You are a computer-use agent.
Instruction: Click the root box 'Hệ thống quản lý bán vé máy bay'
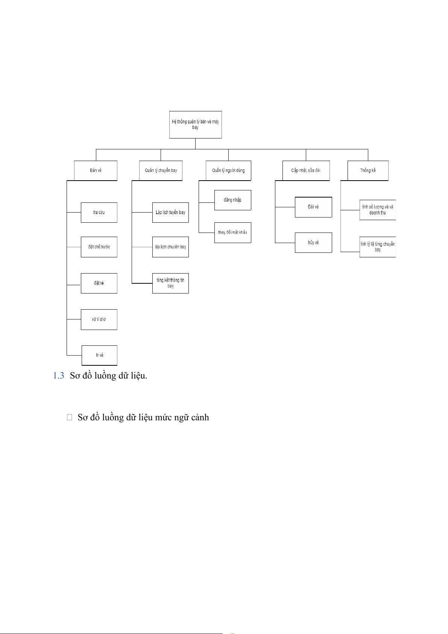tap(195, 125)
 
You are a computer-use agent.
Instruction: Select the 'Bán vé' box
tap(96, 170)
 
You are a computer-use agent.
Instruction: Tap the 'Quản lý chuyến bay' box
tap(161, 170)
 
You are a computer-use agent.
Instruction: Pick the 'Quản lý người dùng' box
tap(228, 170)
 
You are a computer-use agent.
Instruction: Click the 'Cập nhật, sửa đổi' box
tap(306, 170)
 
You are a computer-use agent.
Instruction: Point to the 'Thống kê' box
tap(368, 170)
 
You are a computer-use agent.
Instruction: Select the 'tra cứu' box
tap(99, 213)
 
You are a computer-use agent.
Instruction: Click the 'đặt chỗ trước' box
tap(99, 247)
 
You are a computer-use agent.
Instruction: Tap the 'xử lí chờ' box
tap(99, 319)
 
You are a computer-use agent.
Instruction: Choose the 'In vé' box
tap(99, 355)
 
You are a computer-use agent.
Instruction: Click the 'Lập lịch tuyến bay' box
tap(170, 213)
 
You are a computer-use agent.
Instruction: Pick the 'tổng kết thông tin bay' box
tap(170, 283)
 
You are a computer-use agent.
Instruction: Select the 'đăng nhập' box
tap(232, 200)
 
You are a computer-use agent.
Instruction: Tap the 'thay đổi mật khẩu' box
tap(232, 232)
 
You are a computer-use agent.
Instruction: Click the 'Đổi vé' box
tap(313, 207)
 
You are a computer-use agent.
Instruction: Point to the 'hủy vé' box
tap(313, 243)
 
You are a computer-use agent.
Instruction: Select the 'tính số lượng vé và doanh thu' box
tap(377, 210)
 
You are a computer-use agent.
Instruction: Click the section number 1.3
tap(59, 376)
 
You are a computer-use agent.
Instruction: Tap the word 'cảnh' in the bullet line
tap(199, 417)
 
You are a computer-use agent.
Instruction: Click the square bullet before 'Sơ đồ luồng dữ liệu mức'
tap(69, 417)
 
